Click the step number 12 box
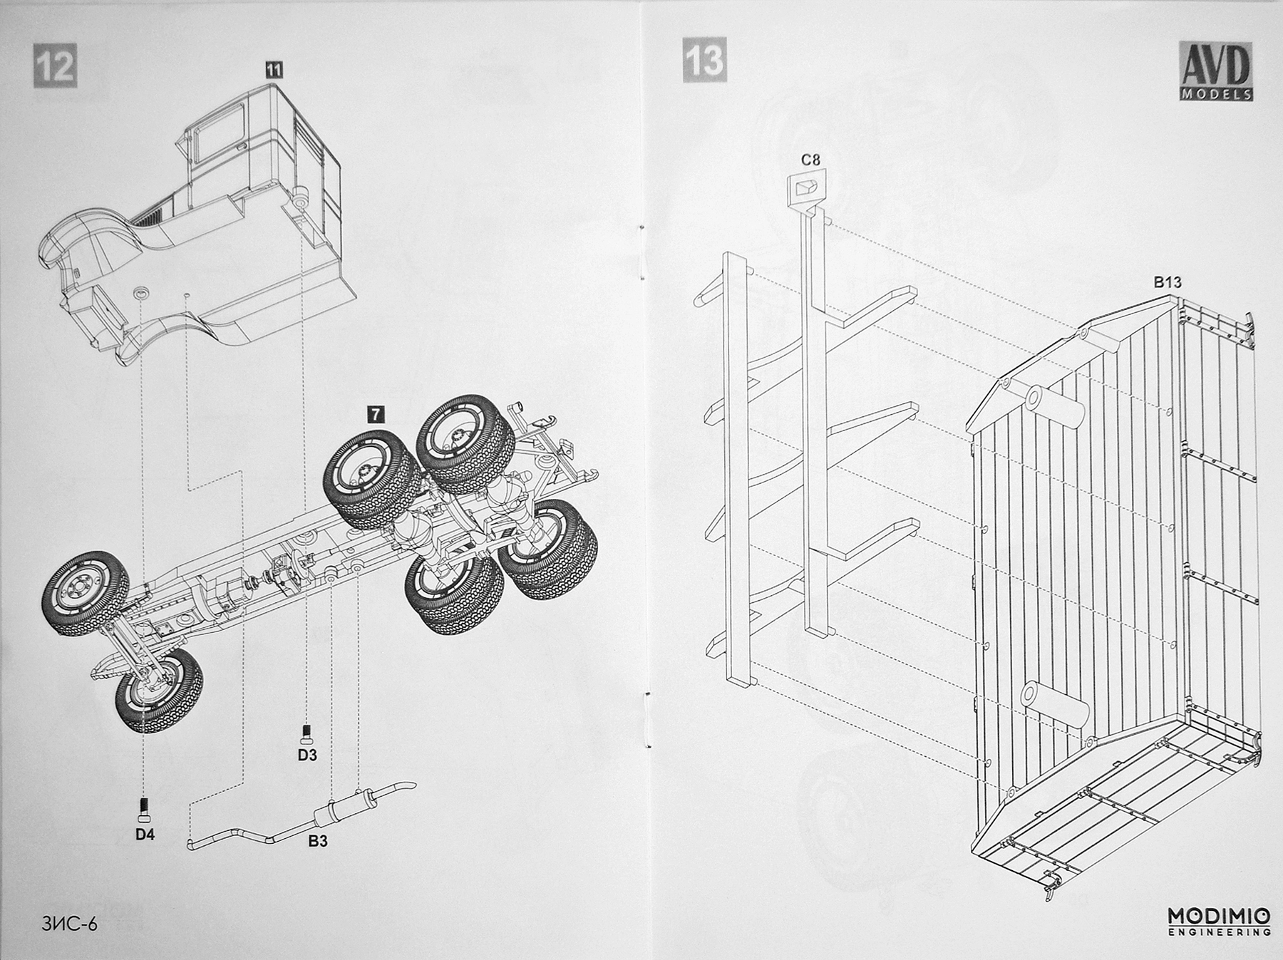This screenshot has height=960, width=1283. pos(55,66)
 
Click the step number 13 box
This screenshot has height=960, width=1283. pos(704,60)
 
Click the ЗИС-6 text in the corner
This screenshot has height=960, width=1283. pos(69,924)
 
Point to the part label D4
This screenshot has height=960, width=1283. pos(145,834)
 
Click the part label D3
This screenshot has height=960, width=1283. pos(307,755)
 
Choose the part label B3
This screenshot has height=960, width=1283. pos(318,841)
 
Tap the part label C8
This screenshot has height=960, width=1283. pos(810,160)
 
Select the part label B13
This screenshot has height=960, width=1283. pos(1168,282)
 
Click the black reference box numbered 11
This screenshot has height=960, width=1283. pos(274,69)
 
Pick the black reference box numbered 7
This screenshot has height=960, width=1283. pos(375,414)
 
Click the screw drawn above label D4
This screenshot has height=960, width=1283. pos(145,808)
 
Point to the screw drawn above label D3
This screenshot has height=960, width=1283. pos(306,733)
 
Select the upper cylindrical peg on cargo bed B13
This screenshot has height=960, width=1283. pos(1055,406)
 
